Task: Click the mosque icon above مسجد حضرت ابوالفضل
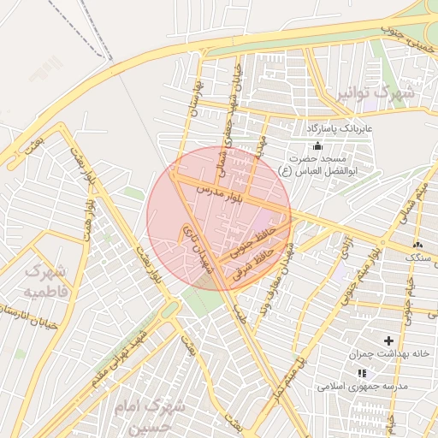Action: point(318,145)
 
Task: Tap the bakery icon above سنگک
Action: point(417,244)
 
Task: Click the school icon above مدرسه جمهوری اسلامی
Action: point(362,374)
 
